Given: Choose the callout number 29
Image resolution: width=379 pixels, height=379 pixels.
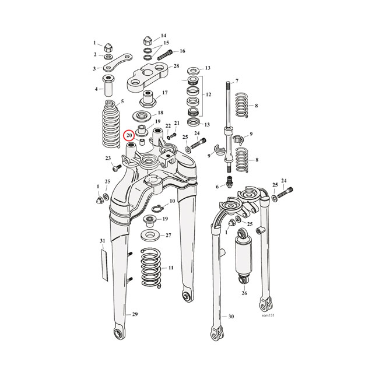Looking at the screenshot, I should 135,314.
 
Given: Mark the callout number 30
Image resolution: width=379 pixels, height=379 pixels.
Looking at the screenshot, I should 231,317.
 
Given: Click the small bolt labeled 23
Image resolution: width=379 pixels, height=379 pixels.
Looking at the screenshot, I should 115,167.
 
